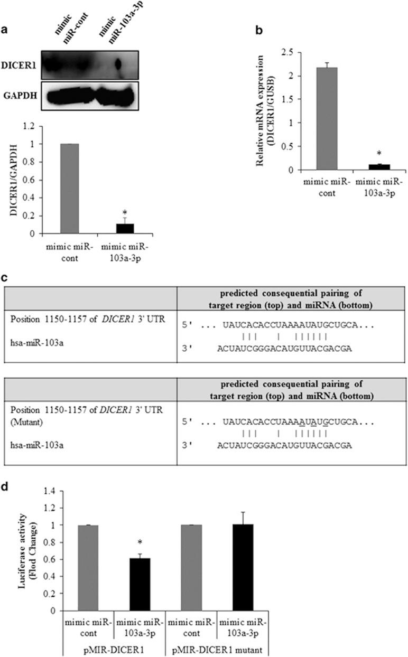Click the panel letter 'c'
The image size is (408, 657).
[5, 277]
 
